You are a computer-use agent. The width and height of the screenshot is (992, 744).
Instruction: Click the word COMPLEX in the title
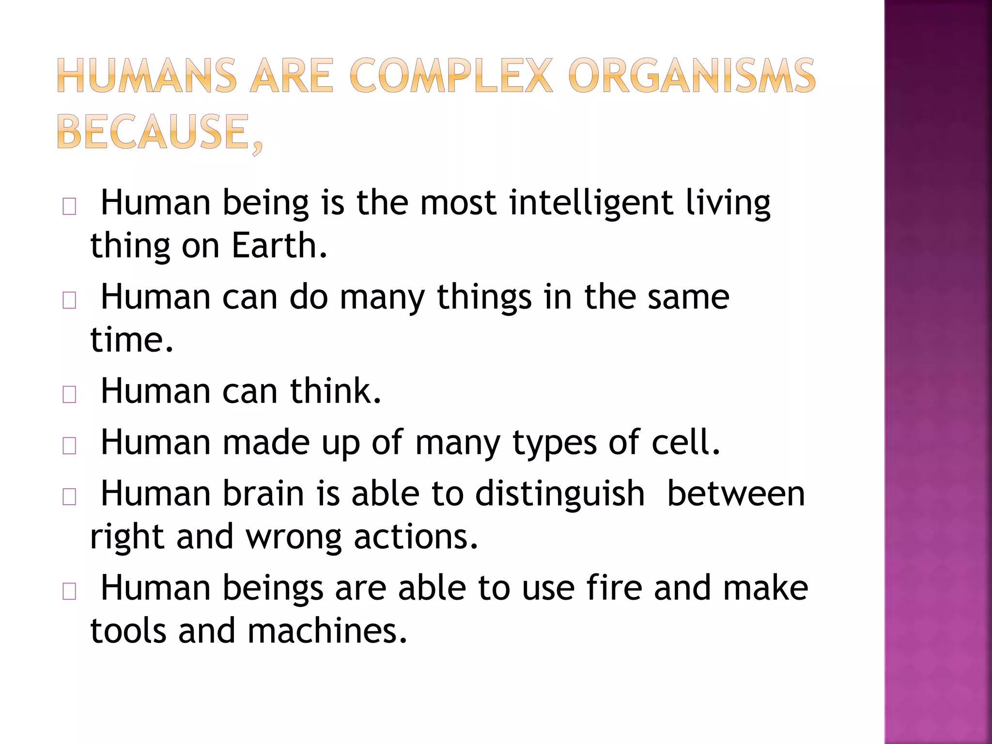coord(450,76)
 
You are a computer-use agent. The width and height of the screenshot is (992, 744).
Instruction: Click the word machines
coord(327,631)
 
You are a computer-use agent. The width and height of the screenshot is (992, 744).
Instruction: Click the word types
coord(555,443)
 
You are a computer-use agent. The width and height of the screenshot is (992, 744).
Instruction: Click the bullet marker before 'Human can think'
coord(69,395)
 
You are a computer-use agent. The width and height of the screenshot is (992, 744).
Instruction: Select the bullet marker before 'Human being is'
coord(69,207)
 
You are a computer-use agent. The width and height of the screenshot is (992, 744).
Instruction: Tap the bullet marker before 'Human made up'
coord(69,446)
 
